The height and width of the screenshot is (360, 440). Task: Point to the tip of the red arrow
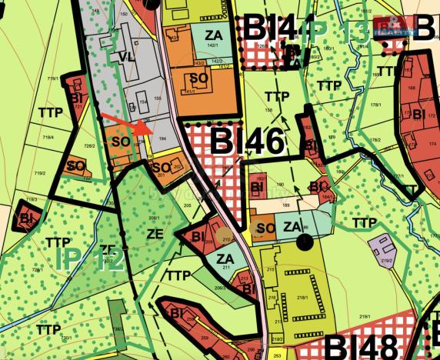[x=146, y=129]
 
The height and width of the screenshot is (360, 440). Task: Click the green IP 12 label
[x=90, y=262]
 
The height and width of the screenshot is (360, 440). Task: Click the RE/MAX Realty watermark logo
[x=392, y=27]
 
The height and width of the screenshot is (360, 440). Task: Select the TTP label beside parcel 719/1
[x=48, y=112]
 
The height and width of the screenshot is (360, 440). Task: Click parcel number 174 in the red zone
[x=432, y=143]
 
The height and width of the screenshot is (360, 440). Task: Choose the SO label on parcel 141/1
[x=198, y=78]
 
